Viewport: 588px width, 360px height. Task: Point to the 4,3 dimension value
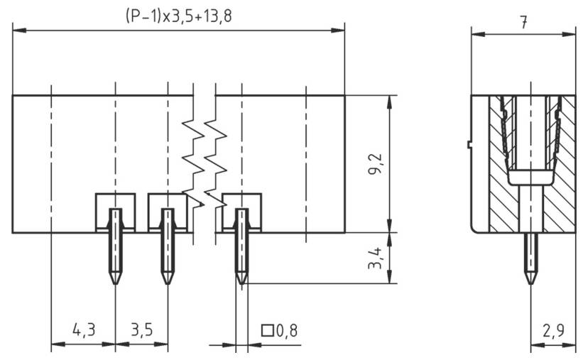tap(83, 330)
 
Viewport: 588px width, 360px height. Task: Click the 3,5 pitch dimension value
tap(142, 330)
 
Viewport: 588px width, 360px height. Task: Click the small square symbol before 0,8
tap(268, 329)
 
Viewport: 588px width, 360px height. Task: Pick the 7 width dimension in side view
tap(523, 22)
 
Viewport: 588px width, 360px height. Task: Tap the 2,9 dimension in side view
tap(554, 330)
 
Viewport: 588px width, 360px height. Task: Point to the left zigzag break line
tap(192, 156)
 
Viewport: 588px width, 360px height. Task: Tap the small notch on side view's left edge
tap(470, 145)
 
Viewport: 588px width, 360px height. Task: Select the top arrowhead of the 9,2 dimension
tap(389, 101)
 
